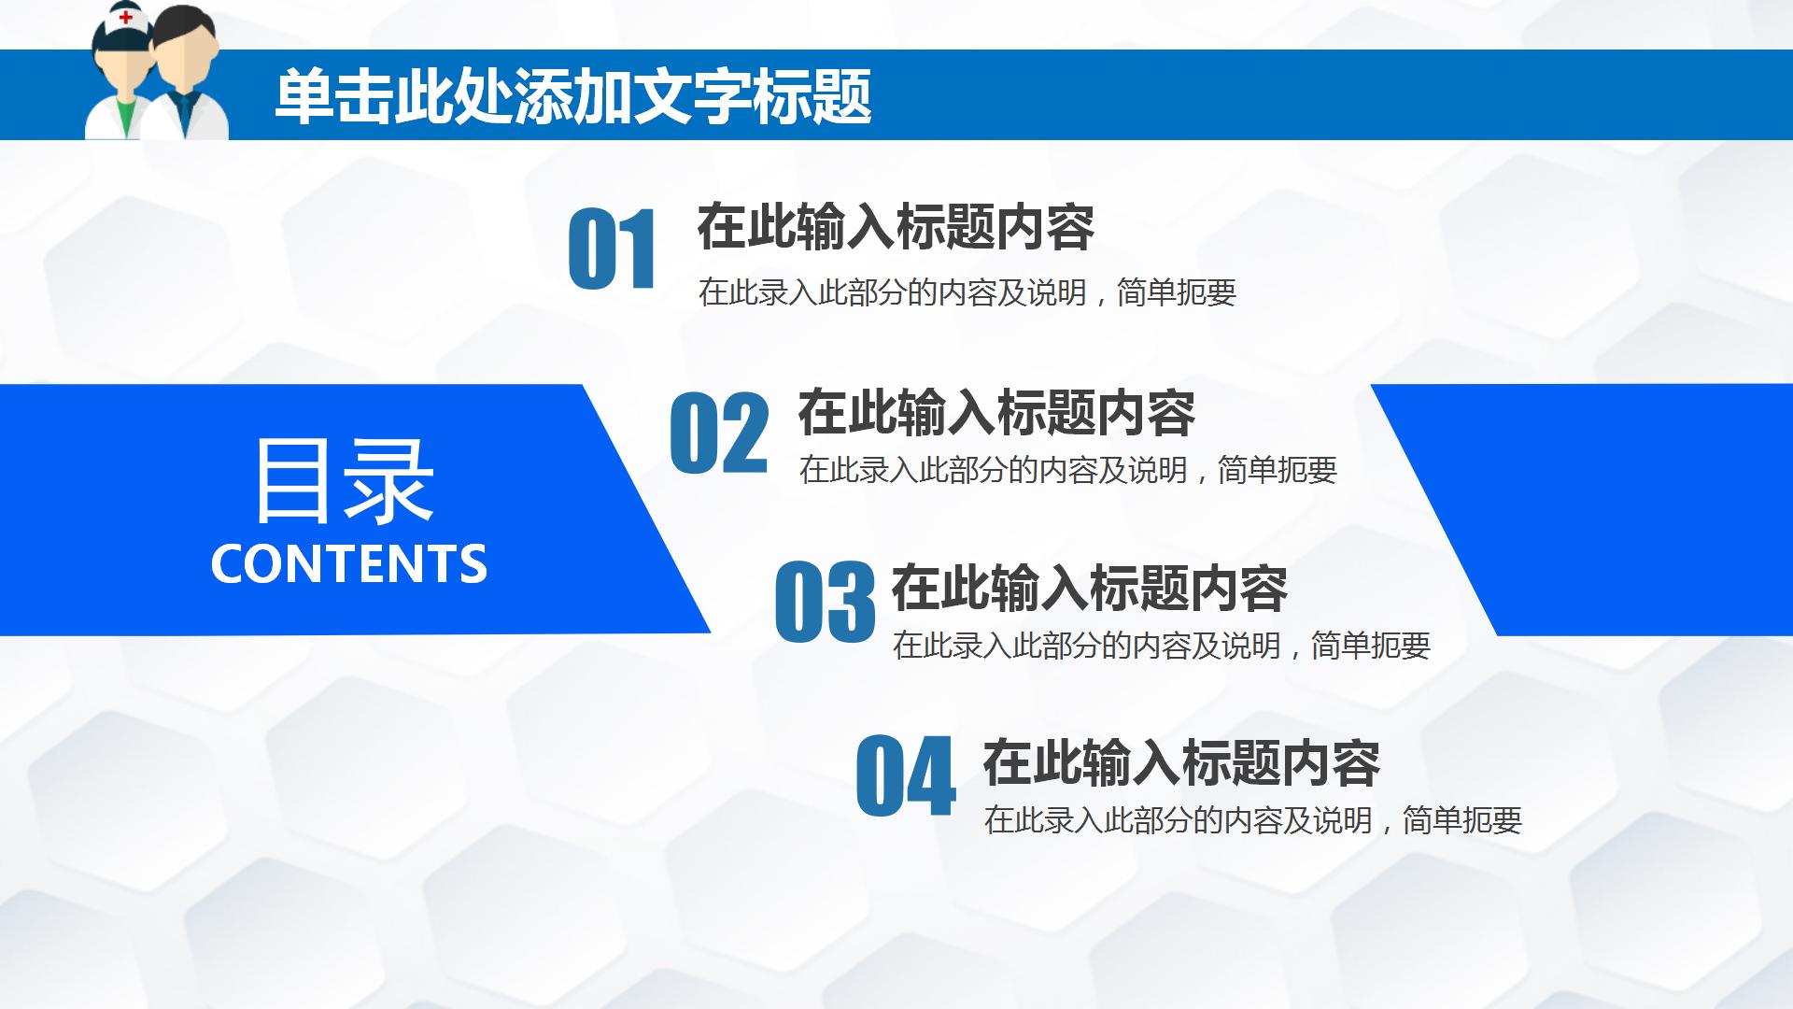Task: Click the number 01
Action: pyautogui.click(x=612, y=249)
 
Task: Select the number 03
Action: pyautogui.click(x=825, y=603)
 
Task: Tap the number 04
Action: pyautogui.click(x=905, y=776)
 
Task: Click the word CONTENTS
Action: pyautogui.click(x=348, y=563)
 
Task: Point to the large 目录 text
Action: pyautogui.click(x=344, y=481)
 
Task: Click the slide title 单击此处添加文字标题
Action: pyautogui.click(x=572, y=96)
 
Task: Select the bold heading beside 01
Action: pyautogui.click(x=895, y=227)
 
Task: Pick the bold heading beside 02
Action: pyautogui.click(x=995, y=412)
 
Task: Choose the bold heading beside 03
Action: pyautogui.click(x=1089, y=588)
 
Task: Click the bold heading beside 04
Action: pyautogui.click(x=1180, y=763)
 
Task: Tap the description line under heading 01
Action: pyautogui.click(x=967, y=293)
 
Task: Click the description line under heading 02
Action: pyautogui.click(x=1067, y=470)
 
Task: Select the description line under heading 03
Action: pyautogui.click(x=1161, y=646)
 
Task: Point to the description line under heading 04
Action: pyautogui.click(x=1252, y=821)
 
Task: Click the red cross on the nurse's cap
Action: pyautogui.click(x=126, y=17)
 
